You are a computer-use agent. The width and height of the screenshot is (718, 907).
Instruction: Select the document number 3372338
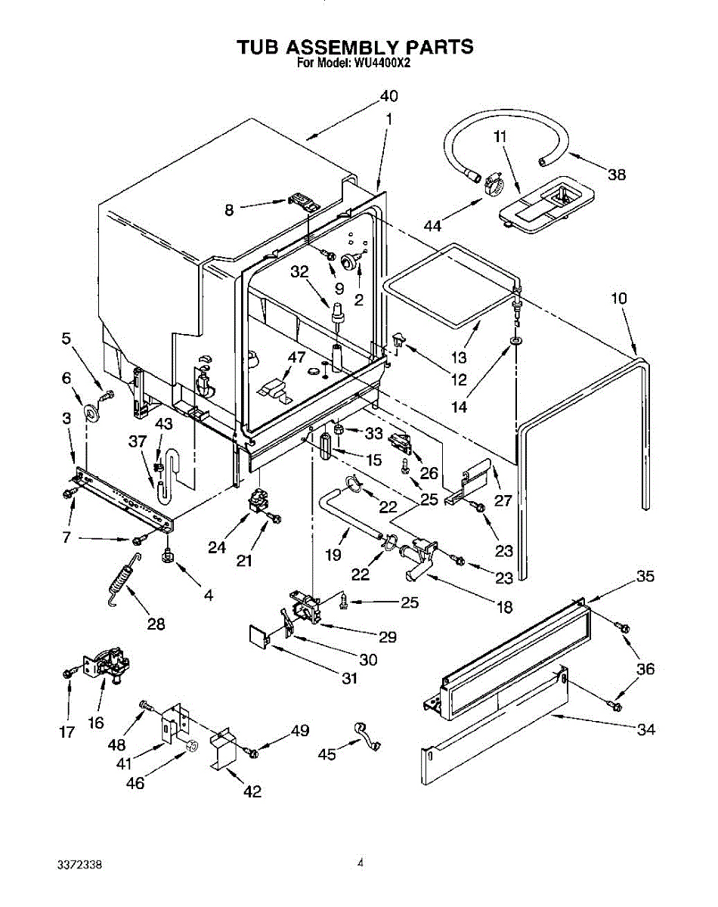tap(79, 865)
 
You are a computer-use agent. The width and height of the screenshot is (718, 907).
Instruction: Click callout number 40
tap(388, 96)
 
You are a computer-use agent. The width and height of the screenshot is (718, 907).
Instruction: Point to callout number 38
tap(617, 175)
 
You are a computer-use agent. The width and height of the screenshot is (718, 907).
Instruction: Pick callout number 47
tap(296, 358)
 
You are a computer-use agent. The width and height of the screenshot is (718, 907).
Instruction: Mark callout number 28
tap(156, 624)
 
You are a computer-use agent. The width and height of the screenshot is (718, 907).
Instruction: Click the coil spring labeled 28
tap(123, 580)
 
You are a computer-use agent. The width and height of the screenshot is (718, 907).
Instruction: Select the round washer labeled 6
tap(91, 413)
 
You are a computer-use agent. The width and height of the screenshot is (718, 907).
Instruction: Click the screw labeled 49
tap(253, 754)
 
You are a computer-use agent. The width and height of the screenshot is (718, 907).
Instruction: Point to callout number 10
tap(619, 299)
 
